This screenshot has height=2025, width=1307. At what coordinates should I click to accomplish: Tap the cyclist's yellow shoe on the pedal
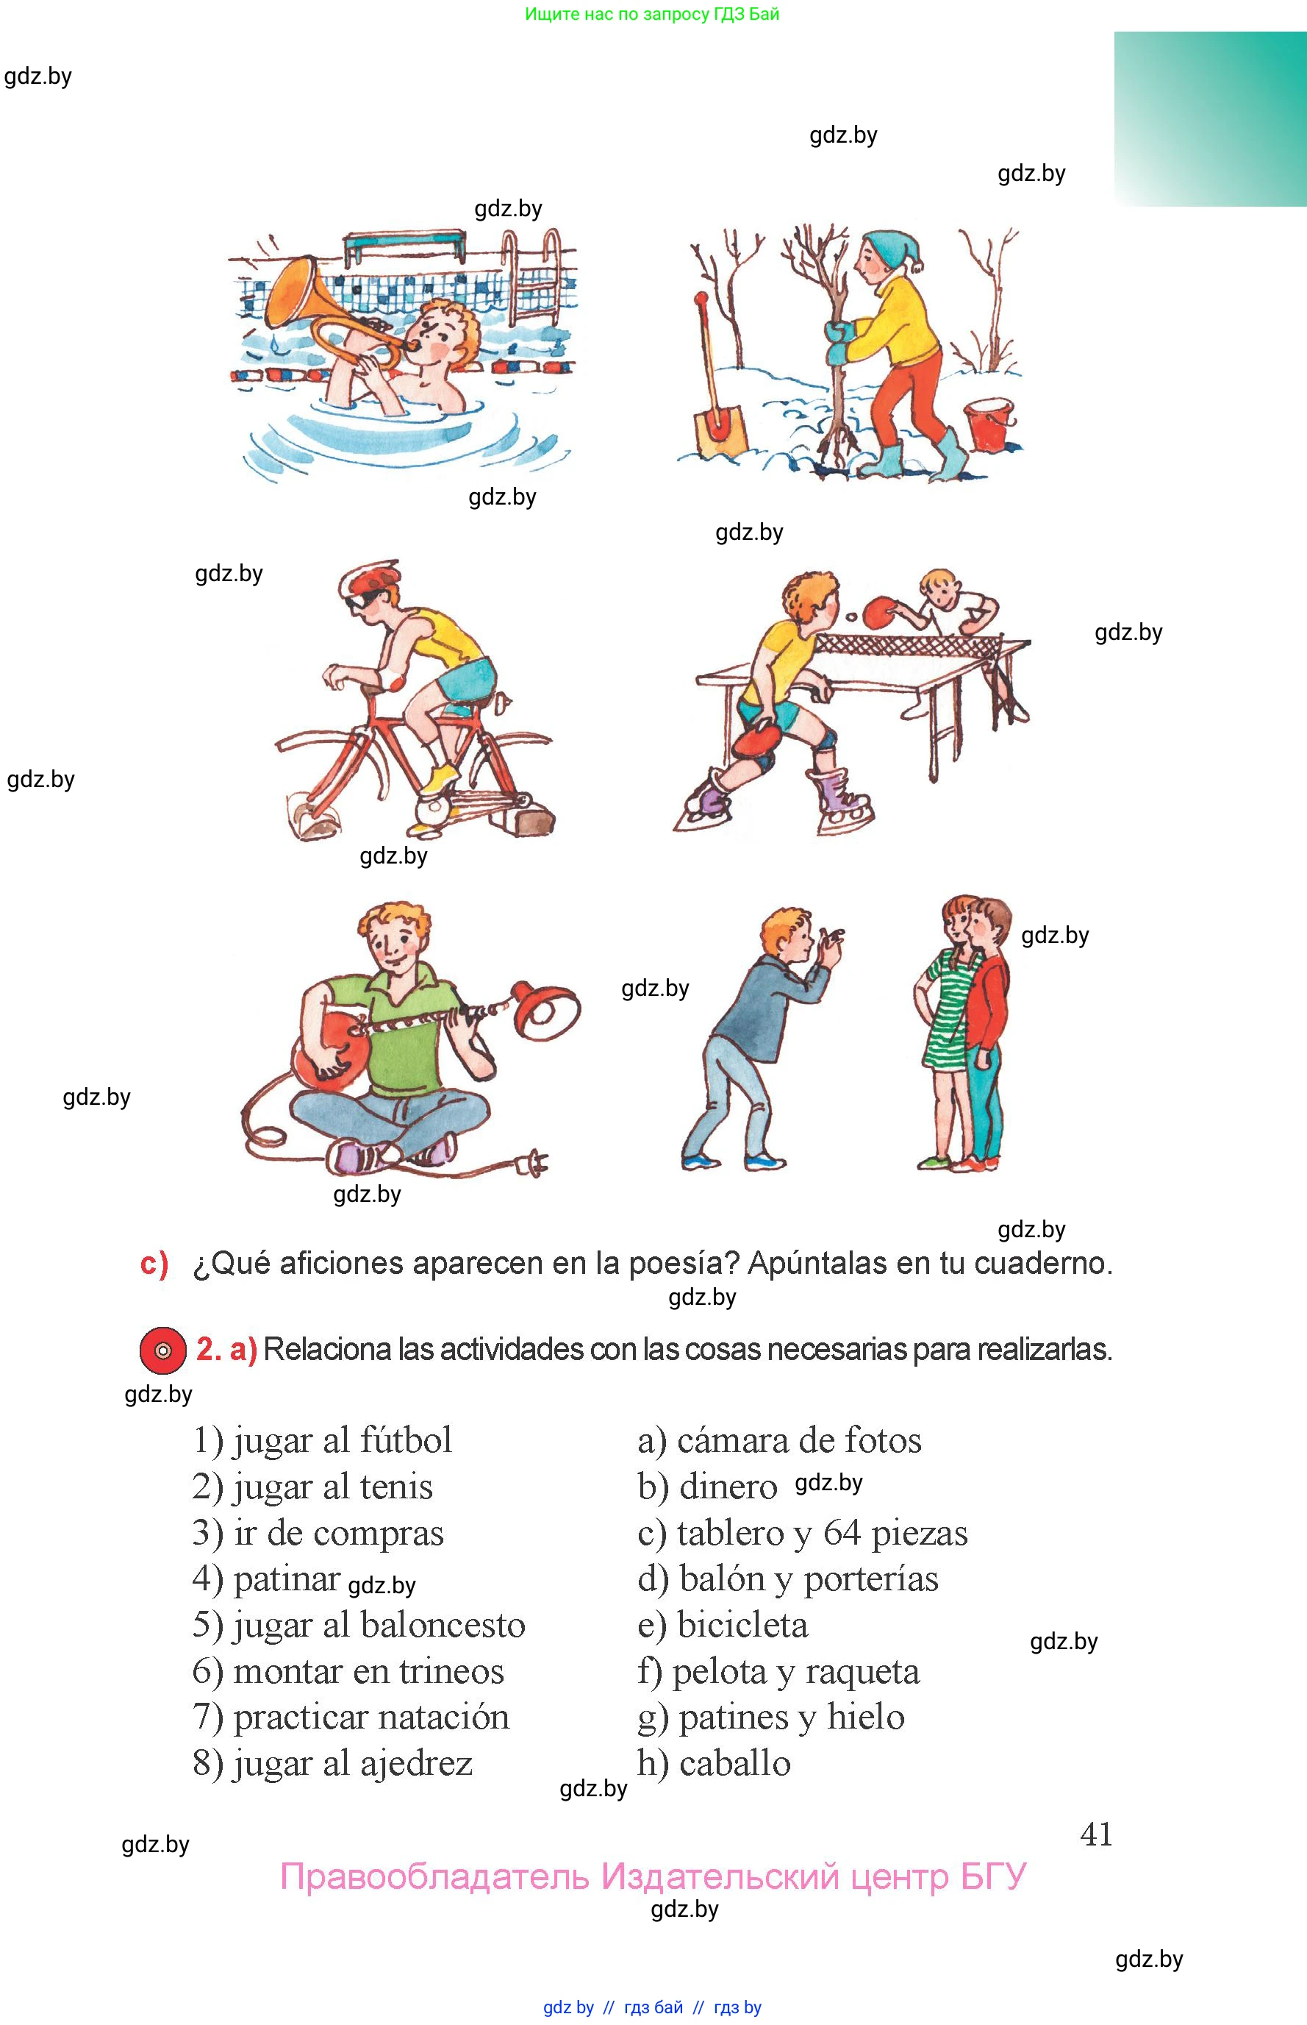(x=440, y=777)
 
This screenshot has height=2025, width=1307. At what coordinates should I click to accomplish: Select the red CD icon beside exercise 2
(x=163, y=1350)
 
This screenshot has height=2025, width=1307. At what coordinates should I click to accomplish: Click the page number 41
(x=1096, y=1834)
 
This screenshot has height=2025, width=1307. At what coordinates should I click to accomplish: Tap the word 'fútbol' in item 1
(x=406, y=1440)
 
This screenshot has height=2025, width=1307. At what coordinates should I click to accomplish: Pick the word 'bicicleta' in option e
(x=742, y=1625)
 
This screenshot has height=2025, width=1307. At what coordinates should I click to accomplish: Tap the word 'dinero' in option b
(x=728, y=1487)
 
